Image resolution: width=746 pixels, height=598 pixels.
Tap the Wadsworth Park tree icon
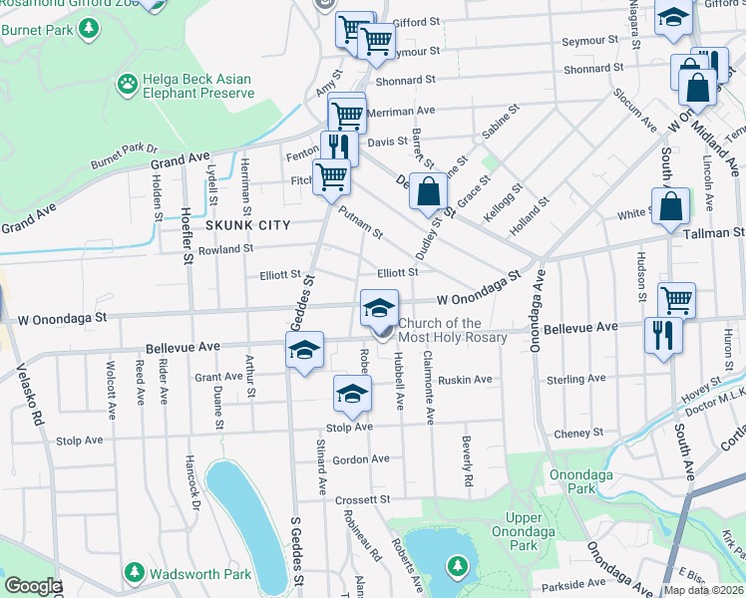pos(135,573)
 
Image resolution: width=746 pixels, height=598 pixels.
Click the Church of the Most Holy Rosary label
pos(453,330)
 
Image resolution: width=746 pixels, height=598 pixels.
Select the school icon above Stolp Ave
pos(351,396)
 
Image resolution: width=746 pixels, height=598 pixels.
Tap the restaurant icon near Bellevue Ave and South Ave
pos(660,336)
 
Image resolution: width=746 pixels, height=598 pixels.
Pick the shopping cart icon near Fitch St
pos(331,177)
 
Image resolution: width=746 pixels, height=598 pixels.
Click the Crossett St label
pos(361,499)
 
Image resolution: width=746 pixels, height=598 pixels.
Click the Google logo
pos(32,586)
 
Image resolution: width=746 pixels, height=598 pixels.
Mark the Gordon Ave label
pos(360,459)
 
